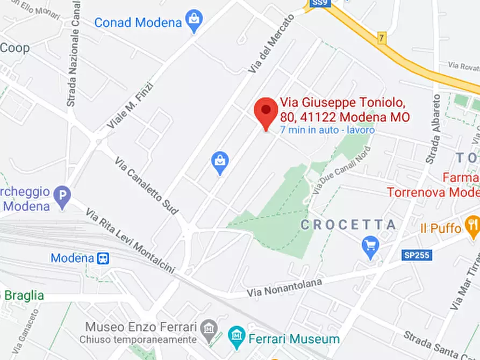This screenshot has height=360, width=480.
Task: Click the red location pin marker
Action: click(x=266, y=111)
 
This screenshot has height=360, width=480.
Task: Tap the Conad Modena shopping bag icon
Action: click(x=193, y=22)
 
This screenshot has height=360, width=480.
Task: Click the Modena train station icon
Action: click(x=103, y=258)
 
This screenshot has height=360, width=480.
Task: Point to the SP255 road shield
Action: click(x=417, y=255)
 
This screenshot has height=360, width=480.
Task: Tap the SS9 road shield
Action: click(x=317, y=4)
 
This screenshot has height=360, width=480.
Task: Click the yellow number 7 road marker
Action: click(x=382, y=39)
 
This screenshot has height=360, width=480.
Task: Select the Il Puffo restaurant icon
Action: click(x=472, y=227)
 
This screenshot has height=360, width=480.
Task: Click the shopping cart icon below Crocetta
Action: click(x=370, y=247)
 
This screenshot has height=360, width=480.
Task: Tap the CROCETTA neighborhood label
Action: click(x=348, y=225)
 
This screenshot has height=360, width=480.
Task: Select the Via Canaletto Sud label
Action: click(x=146, y=186)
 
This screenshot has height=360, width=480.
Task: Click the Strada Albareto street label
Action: click(x=433, y=129)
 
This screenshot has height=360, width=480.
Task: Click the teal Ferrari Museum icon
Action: click(x=236, y=337)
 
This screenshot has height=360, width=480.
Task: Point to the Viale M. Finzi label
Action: click(x=130, y=105)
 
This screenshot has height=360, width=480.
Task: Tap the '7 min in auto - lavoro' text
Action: click(x=327, y=130)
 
